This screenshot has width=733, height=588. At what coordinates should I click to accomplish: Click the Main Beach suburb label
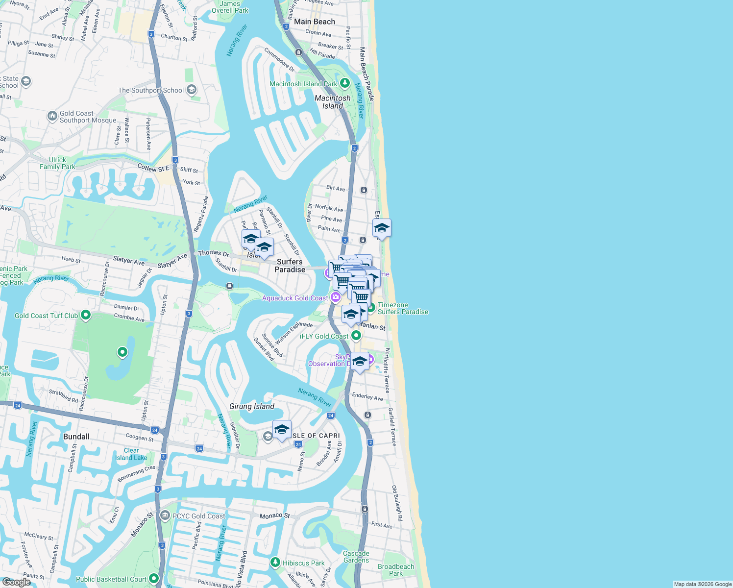point(315,22)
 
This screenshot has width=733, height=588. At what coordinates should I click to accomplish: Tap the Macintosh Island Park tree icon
point(345,83)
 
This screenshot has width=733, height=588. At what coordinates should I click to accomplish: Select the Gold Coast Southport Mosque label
point(88,117)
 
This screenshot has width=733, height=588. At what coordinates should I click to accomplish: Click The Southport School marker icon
point(192,90)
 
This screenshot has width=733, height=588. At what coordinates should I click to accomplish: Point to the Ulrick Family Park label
point(57,163)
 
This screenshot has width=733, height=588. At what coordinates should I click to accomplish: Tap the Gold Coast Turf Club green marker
point(86,315)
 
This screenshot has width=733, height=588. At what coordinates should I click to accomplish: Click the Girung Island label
point(252,406)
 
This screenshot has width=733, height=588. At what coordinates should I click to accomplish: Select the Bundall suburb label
point(76,437)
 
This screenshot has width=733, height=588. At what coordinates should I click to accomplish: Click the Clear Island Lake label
point(131,454)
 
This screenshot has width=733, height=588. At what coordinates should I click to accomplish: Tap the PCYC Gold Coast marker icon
point(165,515)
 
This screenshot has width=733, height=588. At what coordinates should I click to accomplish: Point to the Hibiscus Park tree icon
point(275,563)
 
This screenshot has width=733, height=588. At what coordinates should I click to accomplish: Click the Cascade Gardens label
point(356,557)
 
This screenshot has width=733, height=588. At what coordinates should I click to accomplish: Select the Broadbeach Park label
point(396,570)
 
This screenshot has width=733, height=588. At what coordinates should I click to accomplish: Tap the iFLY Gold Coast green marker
point(356,336)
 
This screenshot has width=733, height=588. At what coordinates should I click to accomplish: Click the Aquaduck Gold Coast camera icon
point(335,297)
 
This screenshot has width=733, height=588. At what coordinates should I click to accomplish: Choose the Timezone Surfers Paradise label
point(403,308)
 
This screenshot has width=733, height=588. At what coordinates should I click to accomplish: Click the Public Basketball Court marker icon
point(154,579)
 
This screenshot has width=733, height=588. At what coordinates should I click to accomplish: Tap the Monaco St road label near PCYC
point(274,515)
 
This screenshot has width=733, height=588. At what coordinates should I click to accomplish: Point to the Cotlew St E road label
point(153,168)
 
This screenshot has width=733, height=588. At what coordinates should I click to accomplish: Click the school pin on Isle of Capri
point(282,430)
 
